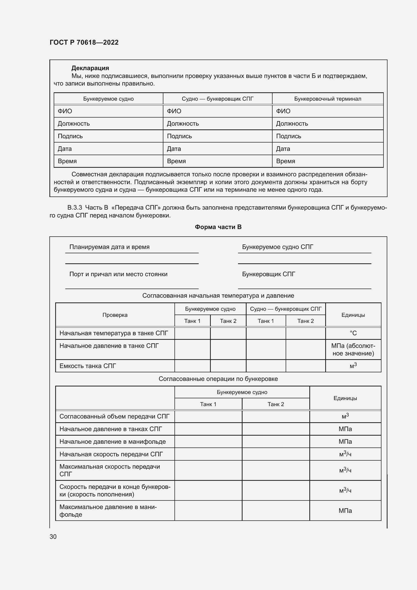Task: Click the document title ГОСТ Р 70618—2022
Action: [84, 42]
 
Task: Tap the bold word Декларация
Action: [90, 68]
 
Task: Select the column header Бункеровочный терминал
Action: [327, 99]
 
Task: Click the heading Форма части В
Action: [218, 227]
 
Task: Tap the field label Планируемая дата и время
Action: [109, 247]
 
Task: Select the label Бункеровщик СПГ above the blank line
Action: [269, 274]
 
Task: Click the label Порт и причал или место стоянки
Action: [118, 274]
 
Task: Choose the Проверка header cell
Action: [115, 315]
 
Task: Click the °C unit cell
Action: [353, 333]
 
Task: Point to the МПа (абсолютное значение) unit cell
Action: [353, 349]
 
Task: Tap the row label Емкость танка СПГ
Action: [88, 366]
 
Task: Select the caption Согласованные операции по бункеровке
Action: [218, 379]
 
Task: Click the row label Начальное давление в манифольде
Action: [112, 442]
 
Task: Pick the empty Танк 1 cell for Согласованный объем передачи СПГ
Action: [208, 416]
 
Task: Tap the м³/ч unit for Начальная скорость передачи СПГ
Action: [345, 454]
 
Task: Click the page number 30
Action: [53, 537]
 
